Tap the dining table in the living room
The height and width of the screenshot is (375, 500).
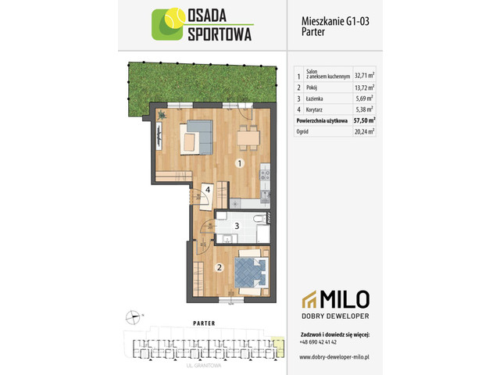pyautogui.click(x=248, y=137)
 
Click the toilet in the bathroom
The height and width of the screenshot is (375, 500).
pyautogui.click(x=257, y=218)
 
